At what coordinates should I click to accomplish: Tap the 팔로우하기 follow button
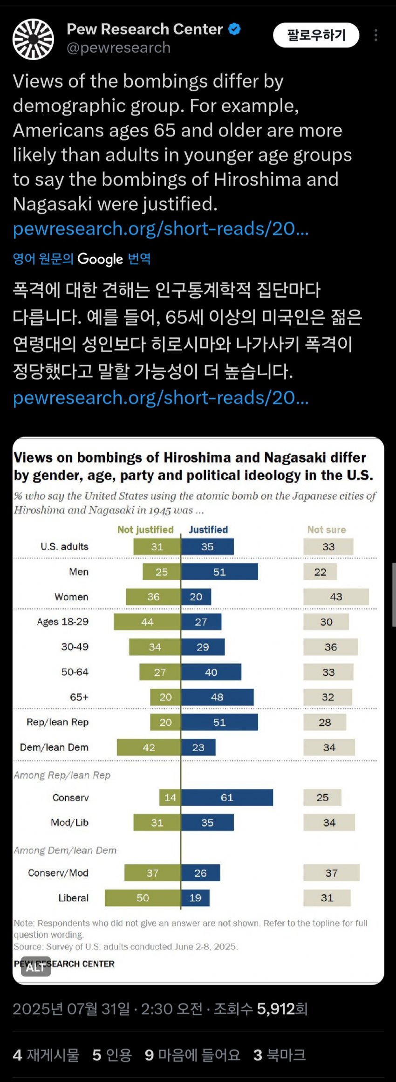[x=316, y=35]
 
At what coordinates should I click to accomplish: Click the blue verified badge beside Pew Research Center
[x=234, y=29]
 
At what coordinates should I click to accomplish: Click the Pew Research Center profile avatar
[x=33, y=39]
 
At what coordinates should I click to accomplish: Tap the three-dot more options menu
[x=376, y=35]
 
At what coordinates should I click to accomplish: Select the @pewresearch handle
[x=118, y=48]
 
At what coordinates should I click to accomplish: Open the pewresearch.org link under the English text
[x=160, y=229]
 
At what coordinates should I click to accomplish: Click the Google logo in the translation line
[x=100, y=259]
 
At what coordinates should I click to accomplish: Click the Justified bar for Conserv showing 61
[x=227, y=797]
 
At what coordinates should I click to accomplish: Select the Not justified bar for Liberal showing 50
[x=143, y=897]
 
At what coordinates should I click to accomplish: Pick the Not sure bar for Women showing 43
[x=336, y=596]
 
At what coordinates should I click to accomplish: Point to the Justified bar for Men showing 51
[x=219, y=572]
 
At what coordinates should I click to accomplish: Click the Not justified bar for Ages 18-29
[x=147, y=622]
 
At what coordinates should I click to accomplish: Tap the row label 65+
[x=79, y=697]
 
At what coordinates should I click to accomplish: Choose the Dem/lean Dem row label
[x=54, y=747]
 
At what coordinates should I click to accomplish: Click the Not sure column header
[x=326, y=530]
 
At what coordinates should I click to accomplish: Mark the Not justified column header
[x=145, y=530]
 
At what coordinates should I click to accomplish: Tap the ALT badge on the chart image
[x=35, y=967]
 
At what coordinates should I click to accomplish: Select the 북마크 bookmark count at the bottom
[x=280, y=1055]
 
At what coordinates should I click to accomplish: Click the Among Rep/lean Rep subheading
[x=62, y=775]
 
